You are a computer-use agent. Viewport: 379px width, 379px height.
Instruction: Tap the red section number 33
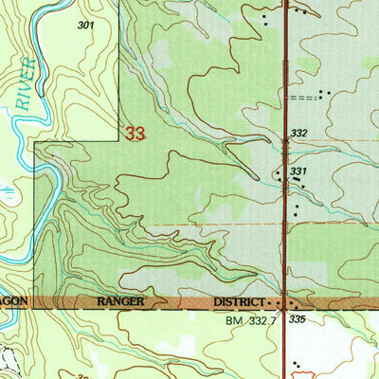tap(135, 135)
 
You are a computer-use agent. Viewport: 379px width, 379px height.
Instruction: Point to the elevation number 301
tap(87, 26)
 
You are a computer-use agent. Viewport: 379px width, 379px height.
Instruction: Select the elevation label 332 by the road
tap(301, 133)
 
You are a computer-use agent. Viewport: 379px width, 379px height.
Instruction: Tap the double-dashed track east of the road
tap(303, 97)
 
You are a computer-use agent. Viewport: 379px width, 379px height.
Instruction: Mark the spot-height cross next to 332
tap(288, 140)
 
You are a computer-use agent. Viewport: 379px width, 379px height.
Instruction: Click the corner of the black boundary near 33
tap(35, 146)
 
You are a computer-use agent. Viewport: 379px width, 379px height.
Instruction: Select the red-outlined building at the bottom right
tap(301, 366)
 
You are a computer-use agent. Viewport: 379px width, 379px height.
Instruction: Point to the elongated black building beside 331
tap(280, 174)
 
